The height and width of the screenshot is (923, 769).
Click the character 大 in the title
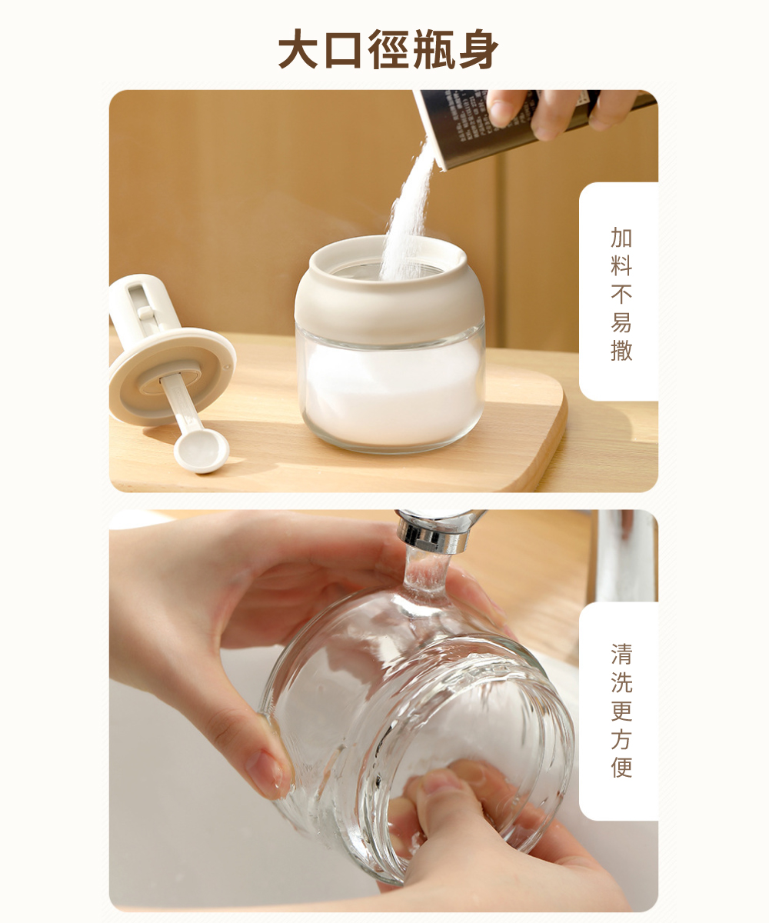pos(299,49)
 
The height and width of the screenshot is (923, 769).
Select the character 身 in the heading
pos(478,49)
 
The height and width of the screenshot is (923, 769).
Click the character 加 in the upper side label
pos(621,238)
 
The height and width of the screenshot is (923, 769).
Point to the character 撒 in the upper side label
pos(621,350)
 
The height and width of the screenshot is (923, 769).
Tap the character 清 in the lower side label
pos(621,655)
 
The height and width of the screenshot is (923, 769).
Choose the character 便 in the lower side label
pos(621,768)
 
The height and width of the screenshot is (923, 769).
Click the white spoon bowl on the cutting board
pos(201,451)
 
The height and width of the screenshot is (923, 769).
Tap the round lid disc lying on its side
pos(172,377)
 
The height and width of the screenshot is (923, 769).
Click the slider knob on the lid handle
pos(145,312)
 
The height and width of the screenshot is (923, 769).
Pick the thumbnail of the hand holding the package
pos(501,112)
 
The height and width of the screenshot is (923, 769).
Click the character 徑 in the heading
pos(388,49)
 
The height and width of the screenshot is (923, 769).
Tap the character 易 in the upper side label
pos(621,322)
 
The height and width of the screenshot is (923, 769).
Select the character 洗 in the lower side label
pos(621,682)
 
